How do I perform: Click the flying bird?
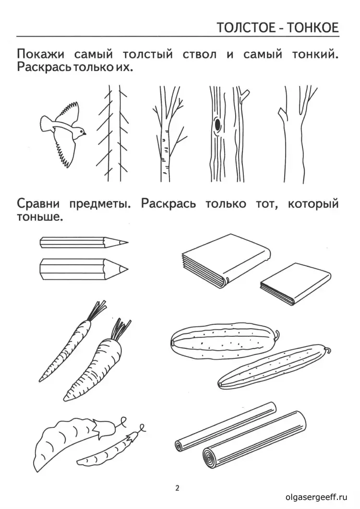point(62,130)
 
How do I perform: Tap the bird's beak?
point(85,134)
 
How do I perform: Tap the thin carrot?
point(70,345)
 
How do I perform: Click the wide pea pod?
point(62,439)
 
